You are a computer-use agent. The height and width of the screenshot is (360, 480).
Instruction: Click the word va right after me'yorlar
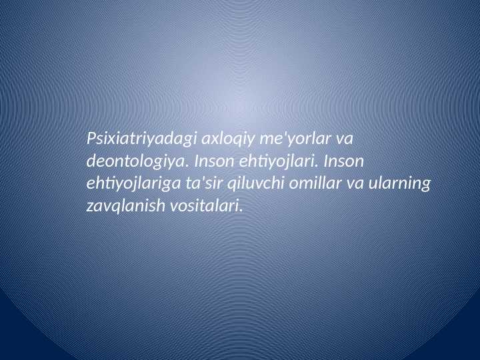point(345,139)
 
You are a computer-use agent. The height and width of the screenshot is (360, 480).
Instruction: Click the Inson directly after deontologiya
point(212,161)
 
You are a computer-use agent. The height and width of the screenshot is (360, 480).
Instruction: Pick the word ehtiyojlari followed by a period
point(273,161)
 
